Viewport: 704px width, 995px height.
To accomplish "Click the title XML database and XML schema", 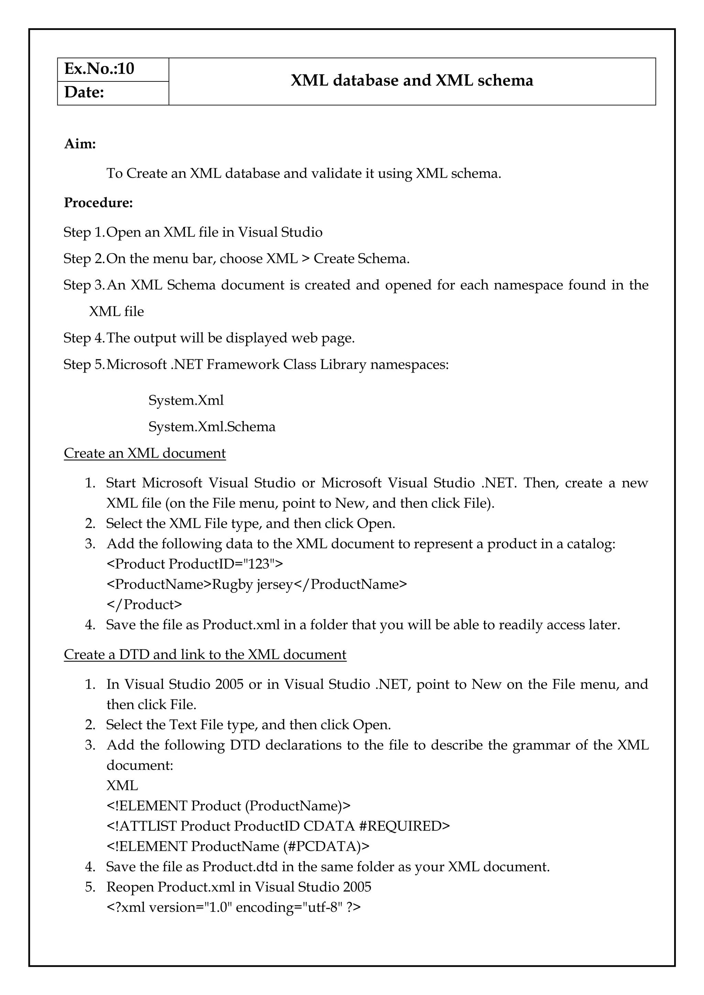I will coord(411,81).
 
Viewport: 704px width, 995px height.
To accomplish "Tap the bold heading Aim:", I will coord(80,144).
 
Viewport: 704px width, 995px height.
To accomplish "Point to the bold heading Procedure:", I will coord(98,203).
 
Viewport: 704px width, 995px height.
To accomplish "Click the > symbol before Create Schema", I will coord(305,259).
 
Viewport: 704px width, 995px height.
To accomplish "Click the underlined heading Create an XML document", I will coord(144,453).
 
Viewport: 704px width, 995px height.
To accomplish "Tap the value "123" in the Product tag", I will coord(259,564).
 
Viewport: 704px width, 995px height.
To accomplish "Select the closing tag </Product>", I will coord(144,605).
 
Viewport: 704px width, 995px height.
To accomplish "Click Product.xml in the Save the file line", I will coord(241,625).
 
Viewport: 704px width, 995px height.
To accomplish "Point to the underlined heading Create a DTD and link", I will coord(205,655).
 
